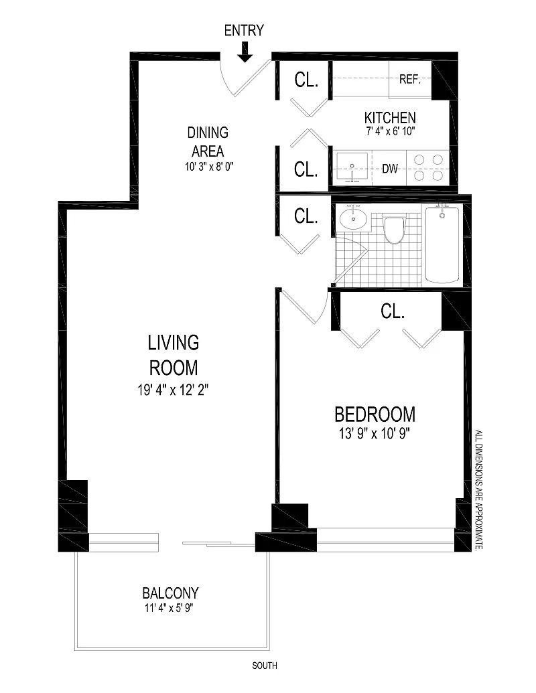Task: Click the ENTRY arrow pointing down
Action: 245,52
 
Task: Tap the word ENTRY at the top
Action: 244,31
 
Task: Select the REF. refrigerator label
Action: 409,80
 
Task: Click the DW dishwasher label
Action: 390,168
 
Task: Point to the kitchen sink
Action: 352,168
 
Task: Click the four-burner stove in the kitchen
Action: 428,167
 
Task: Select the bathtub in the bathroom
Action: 442,244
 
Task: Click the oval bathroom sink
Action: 353,218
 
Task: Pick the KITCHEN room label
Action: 390,118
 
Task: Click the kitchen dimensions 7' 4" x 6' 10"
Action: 390,131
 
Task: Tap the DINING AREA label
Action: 208,141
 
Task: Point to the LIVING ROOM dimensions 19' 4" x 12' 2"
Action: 173,390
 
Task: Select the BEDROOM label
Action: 375,414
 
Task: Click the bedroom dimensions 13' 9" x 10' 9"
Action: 375,434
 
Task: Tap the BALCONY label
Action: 170,593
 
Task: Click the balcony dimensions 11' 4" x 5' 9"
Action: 169,608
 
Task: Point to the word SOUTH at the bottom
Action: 265,665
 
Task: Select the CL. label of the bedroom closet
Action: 392,311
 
